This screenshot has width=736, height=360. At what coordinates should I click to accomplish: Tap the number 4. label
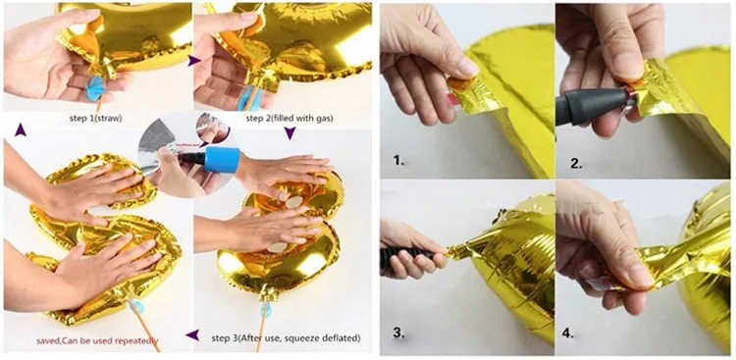[x=575, y=333]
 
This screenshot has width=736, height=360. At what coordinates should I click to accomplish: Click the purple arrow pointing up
[x=20, y=129]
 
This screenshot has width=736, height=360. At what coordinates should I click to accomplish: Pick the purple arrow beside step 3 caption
[x=193, y=335]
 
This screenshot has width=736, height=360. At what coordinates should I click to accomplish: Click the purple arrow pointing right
[x=194, y=61]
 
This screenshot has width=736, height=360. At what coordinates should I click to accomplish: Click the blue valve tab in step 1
[x=96, y=89]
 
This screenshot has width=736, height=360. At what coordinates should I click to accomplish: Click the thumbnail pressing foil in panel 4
[x=636, y=272]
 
